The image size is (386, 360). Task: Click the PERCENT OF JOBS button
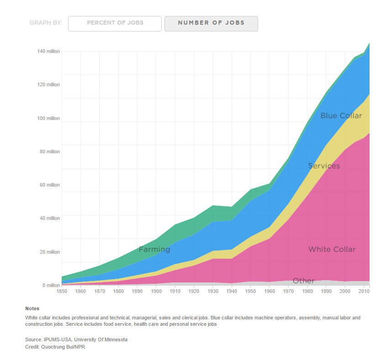click(x=115, y=23)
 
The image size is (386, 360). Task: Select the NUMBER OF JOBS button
click(x=211, y=23)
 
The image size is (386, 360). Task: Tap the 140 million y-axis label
click(x=48, y=51)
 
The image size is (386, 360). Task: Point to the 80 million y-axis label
click(x=50, y=151)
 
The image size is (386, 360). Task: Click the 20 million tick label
click(x=50, y=252)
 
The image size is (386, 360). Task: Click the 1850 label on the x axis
click(x=62, y=291)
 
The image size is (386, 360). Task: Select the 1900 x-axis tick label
click(x=156, y=291)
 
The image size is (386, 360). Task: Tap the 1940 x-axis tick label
click(x=232, y=291)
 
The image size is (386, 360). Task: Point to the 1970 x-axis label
click(x=288, y=291)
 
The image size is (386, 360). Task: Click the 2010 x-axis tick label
click(x=364, y=291)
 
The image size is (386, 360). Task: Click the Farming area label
click(x=154, y=250)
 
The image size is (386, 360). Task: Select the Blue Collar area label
click(x=341, y=116)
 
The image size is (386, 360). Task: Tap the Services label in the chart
click(x=324, y=166)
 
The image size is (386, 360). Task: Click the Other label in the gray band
click(x=303, y=281)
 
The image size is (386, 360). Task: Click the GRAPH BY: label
click(x=46, y=23)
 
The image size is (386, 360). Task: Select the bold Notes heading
click(x=32, y=309)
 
